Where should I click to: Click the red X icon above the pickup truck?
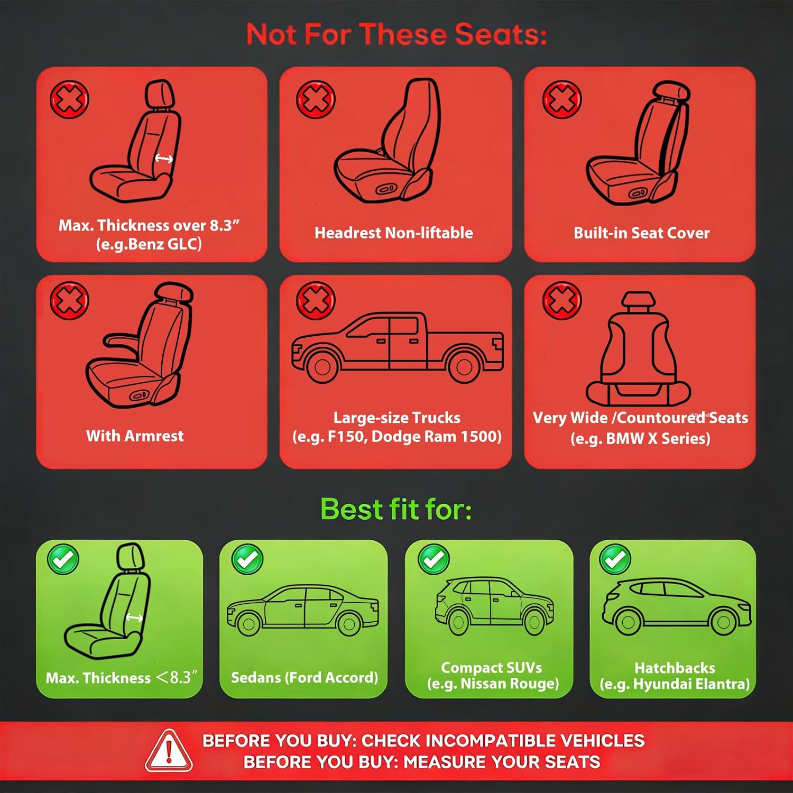tap(316, 301)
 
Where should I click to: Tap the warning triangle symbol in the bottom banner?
tap(169, 751)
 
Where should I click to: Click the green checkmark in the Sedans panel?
tap(247, 559)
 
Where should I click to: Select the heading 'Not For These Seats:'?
tap(396, 34)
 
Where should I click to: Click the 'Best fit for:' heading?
tap(396, 509)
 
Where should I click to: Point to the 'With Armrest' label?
tap(135, 436)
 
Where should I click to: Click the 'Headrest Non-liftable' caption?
tap(394, 233)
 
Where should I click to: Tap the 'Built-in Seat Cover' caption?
tap(642, 233)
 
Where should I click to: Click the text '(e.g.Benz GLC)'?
tap(149, 244)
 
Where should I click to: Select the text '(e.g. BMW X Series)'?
tap(640, 438)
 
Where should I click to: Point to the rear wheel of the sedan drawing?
tap(349, 624)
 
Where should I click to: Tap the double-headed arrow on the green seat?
tap(134, 617)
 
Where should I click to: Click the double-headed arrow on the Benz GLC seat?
tap(164, 158)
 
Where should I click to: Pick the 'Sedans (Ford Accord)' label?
tap(305, 678)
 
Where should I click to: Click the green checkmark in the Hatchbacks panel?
tap(615, 559)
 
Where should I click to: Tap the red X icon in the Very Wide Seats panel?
tap(562, 301)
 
